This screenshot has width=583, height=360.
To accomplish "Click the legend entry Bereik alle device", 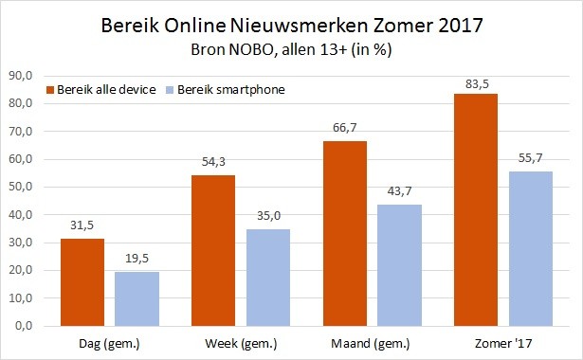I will [x=112, y=89].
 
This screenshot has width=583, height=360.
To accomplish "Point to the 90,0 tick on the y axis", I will [x=21, y=76].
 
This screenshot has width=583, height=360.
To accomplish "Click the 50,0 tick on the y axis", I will [x=21, y=187].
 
